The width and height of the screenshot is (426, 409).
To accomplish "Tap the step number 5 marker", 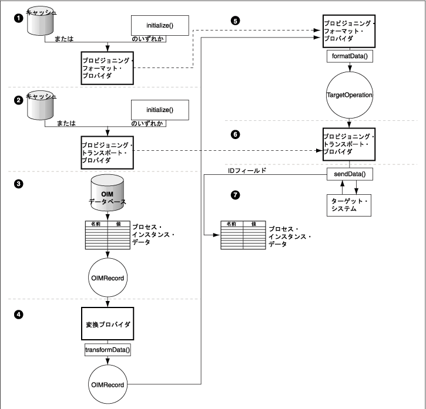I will [236, 21].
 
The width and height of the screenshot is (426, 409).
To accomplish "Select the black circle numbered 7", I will [236, 195].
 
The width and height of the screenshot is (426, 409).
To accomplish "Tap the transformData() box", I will [108, 350].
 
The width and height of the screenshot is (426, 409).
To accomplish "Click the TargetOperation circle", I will [350, 94].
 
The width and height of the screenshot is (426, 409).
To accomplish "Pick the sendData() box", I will [350, 174].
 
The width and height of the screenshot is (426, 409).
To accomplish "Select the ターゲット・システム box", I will [349, 205].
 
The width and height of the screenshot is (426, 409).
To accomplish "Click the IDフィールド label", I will [247, 171].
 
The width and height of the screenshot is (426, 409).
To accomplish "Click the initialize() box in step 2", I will [159, 110].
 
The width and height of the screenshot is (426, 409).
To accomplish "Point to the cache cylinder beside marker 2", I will [45, 106].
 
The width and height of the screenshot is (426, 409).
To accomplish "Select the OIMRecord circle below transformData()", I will [108, 384].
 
